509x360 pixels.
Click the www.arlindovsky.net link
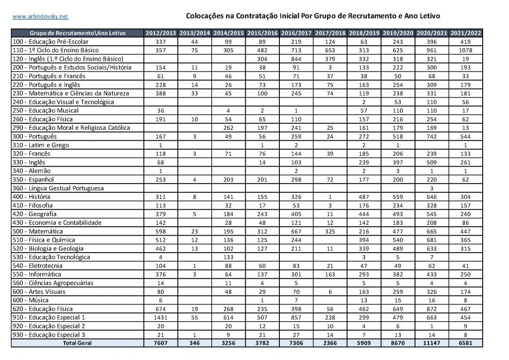click(x=33, y=16)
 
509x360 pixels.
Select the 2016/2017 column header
click(x=296, y=33)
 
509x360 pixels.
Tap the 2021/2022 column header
click(x=466, y=33)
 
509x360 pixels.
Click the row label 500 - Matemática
click(x=38, y=231)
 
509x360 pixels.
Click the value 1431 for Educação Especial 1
click(x=161, y=317)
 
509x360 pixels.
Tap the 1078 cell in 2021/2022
click(x=466, y=50)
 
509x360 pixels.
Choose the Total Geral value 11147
click(x=432, y=343)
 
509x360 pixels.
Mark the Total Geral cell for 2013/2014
click(x=195, y=343)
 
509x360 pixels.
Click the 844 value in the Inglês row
click(x=296, y=59)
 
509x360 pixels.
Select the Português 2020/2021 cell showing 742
click(x=432, y=136)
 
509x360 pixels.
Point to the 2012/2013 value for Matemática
click(x=161, y=231)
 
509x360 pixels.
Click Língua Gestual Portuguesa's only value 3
click(x=432, y=188)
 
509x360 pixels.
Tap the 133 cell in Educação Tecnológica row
click(x=229, y=257)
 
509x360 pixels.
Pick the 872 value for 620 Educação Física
click(x=432, y=309)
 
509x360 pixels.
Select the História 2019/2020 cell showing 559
click(x=398, y=197)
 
